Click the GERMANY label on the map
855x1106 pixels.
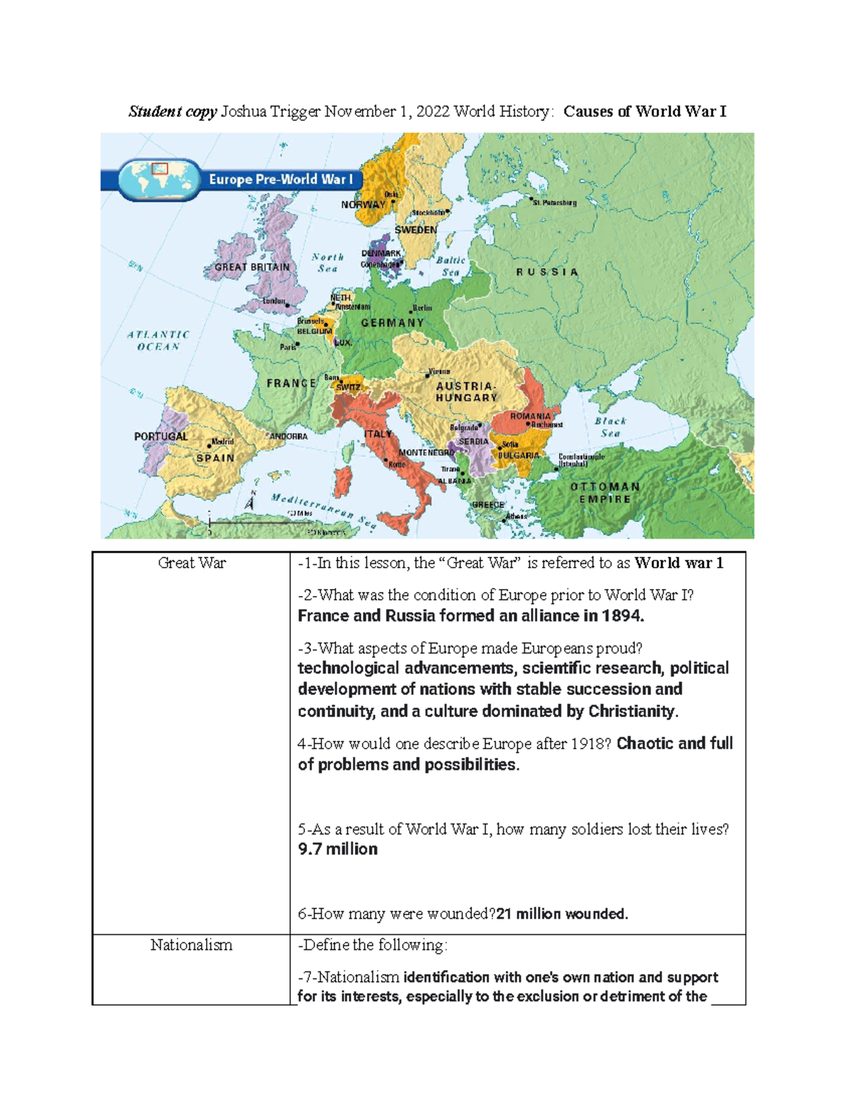[x=392, y=323]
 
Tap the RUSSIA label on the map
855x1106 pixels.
[x=547, y=272]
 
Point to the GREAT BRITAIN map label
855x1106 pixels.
[x=252, y=267]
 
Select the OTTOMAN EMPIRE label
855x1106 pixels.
[x=605, y=493]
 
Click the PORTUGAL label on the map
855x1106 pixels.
[x=161, y=437]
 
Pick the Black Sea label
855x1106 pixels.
[x=611, y=427]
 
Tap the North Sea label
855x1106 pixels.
[x=328, y=263]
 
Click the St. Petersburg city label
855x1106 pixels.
[x=554, y=203]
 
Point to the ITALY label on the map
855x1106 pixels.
[x=378, y=434]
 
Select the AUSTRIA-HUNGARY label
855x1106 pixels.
[x=467, y=392]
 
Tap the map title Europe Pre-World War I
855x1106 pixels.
[x=281, y=179]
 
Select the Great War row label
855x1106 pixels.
[x=192, y=563]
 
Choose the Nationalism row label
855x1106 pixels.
[x=191, y=945]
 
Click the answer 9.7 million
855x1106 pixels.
[x=338, y=849]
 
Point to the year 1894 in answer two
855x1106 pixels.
[x=622, y=616]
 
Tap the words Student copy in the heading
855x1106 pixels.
[x=172, y=112]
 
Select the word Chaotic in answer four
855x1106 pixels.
[x=645, y=744]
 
